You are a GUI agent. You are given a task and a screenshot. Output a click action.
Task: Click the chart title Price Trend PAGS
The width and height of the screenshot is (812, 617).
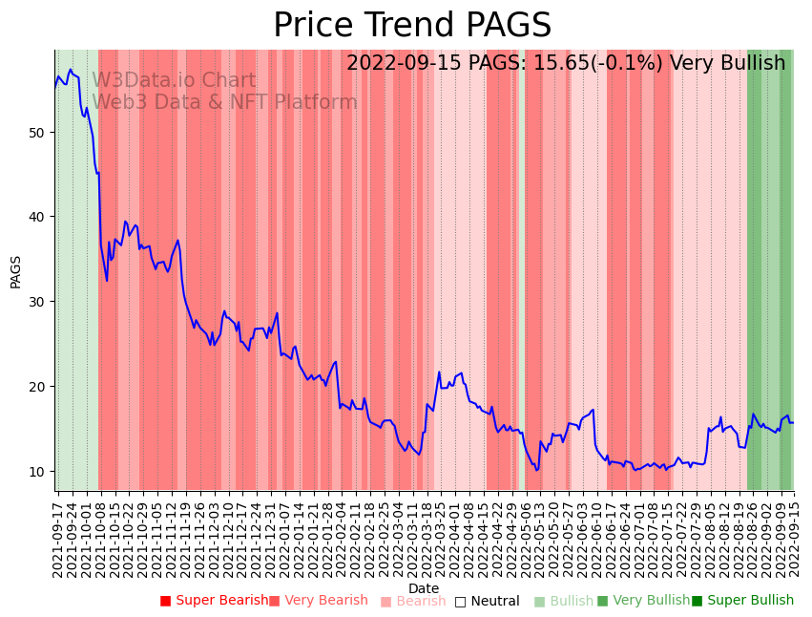[x=412, y=26]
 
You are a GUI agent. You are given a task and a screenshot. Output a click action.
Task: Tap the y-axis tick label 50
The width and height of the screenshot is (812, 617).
[x=36, y=132]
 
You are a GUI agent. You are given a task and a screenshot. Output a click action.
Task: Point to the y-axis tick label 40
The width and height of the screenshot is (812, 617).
[x=36, y=217]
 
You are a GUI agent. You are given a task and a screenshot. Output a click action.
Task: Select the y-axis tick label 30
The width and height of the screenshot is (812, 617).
[x=36, y=302]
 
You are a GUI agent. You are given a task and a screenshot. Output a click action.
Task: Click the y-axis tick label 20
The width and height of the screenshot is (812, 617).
[x=36, y=387]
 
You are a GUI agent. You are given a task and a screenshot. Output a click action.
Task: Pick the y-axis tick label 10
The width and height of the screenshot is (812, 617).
[x=36, y=472]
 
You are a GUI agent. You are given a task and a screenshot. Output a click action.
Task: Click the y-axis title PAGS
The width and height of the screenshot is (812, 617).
[x=15, y=271]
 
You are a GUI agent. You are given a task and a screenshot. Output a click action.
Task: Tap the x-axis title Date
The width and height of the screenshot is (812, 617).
[x=424, y=589]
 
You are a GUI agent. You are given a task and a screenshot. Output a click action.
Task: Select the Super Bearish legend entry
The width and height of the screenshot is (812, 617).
[x=214, y=601]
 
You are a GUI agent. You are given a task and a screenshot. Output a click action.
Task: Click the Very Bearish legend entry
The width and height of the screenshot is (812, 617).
[x=318, y=601]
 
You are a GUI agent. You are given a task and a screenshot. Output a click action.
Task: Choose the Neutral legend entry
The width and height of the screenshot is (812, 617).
[x=487, y=601]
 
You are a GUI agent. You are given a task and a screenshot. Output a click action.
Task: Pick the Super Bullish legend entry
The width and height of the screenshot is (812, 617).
[x=742, y=601]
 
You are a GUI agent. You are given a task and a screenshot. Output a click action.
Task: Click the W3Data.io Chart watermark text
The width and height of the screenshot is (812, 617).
[x=174, y=81]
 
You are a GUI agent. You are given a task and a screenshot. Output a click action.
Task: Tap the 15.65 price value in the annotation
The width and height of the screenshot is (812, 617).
[x=549, y=63]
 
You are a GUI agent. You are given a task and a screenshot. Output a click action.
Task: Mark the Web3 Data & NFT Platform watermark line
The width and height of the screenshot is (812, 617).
[x=224, y=102]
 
